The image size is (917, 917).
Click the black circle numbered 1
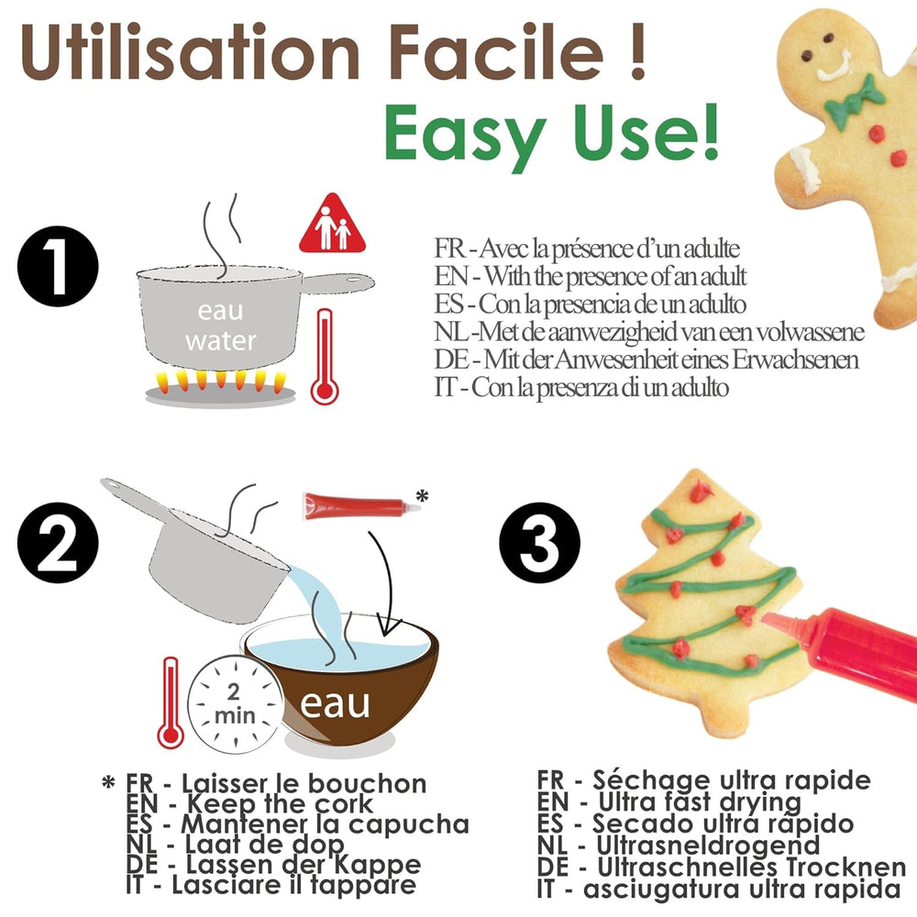(58, 267)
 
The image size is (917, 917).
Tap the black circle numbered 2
(58, 543)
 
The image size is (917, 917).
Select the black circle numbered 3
(539, 543)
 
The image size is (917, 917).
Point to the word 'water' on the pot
(221, 340)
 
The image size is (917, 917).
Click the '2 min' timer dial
(235, 704)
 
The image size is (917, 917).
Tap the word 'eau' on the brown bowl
(335, 703)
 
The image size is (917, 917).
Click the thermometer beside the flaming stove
(325, 357)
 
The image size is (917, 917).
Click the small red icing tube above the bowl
(360, 505)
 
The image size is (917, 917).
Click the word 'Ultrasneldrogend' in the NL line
(708, 845)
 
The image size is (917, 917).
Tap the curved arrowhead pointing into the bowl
(389, 626)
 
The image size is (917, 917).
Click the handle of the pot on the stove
(338, 282)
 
